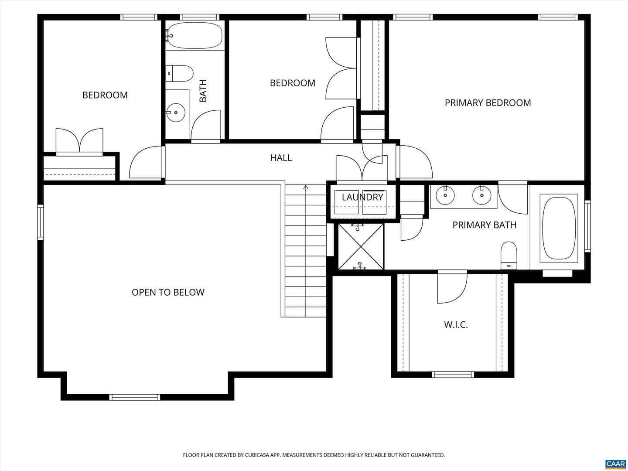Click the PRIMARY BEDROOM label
pyautogui.click(x=488, y=103)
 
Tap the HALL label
pyautogui.click(x=281, y=158)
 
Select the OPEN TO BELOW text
pyautogui.click(x=168, y=292)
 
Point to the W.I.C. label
pyautogui.click(x=456, y=324)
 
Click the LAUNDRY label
pyautogui.click(x=362, y=197)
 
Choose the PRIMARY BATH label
pyautogui.click(x=485, y=225)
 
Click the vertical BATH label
pyautogui.click(x=203, y=91)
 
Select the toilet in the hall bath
pyautogui.click(x=180, y=74)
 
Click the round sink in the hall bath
pyautogui.click(x=176, y=113)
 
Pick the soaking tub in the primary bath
pyautogui.click(x=559, y=228)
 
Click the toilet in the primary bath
pyautogui.click(x=509, y=256)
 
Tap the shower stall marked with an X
pyautogui.click(x=361, y=246)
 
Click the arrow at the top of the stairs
pyautogui.click(x=306, y=188)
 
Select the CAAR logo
pyautogui.click(x=615, y=464)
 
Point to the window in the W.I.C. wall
pyautogui.click(x=453, y=374)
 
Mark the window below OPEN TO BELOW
pyautogui.click(x=134, y=397)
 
